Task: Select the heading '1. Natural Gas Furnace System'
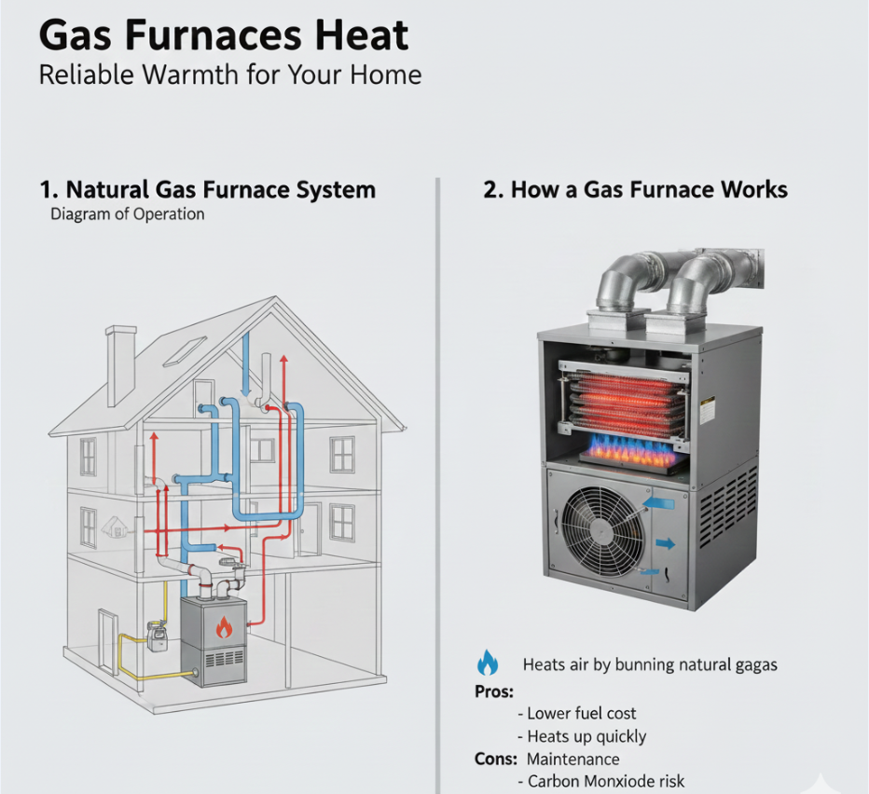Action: [x=207, y=189]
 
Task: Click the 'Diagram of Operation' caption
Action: [x=128, y=213]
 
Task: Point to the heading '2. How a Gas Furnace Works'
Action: [x=635, y=189]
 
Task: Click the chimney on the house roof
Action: [x=121, y=365]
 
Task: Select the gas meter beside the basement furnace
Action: [x=157, y=636]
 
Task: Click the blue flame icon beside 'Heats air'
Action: [x=487, y=664]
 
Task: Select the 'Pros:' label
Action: [x=494, y=692]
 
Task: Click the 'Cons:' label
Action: [x=495, y=759]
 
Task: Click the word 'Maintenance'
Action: [x=573, y=760]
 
